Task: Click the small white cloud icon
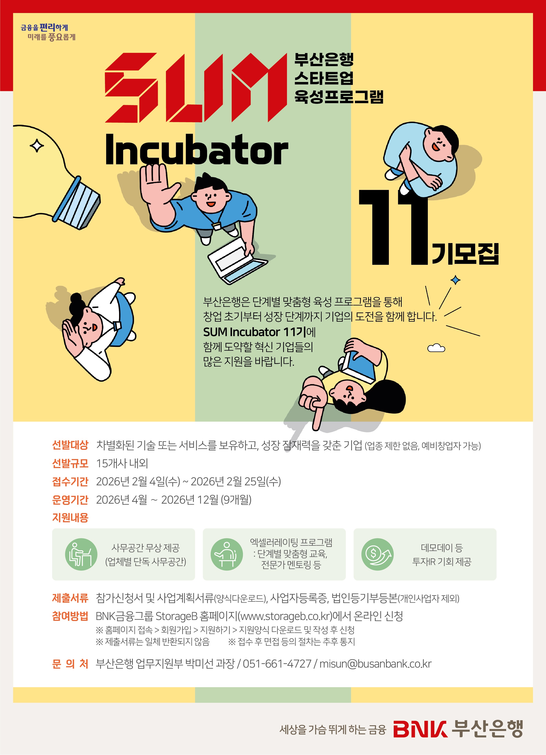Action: pos(436,348)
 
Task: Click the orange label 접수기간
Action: pos(70,481)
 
